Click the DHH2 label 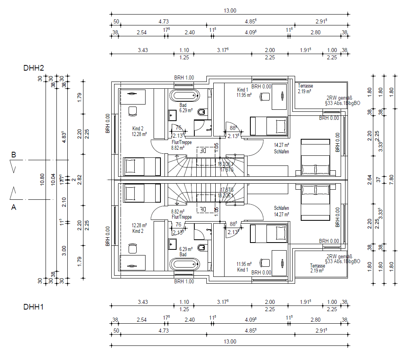point(33,67)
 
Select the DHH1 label point(33,307)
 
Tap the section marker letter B point(13,155)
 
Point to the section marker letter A point(13,207)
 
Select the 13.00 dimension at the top point(229,11)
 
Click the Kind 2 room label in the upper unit point(137,128)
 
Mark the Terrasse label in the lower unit point(317,266)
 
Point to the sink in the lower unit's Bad point(173,244)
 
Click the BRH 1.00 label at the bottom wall point(184,281)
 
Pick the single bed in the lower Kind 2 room point(141,193)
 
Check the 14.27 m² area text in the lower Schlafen point(281,214)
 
